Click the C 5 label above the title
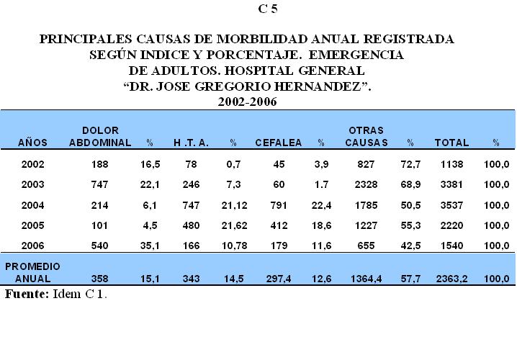[x=267, y=9]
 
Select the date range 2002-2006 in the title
[x=247, y=102]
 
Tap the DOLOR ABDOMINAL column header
[x=100, y=136]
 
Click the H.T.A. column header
[x=192, y=143]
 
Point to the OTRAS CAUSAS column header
[x=366, y=136]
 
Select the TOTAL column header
[x=451, y=143]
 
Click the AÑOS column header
[x=33, y=143]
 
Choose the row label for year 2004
[x=33, y=204]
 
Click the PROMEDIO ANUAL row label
[x=33, y=271]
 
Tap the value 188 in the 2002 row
[x=100, y=165]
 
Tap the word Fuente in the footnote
[x=26, y=294]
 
